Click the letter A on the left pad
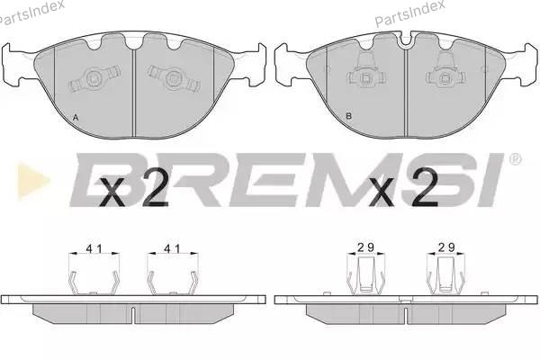76,118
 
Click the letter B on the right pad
348,116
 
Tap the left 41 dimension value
94,248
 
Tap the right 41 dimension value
172,248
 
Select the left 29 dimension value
365,247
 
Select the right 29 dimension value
446,247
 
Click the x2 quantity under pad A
133,189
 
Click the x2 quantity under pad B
403,188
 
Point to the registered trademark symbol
515,159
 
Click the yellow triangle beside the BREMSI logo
32,181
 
